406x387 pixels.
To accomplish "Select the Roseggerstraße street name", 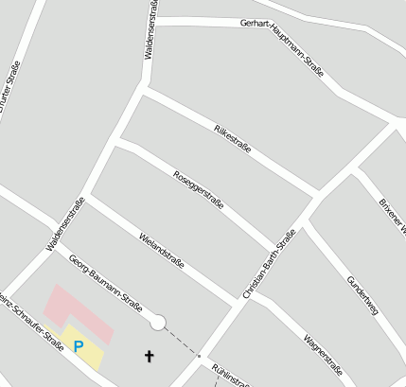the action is [x=200, y=189].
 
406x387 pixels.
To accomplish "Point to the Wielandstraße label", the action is [x=161, y=248].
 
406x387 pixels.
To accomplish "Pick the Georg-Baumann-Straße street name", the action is [x=112, y=286].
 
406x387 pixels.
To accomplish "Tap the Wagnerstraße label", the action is [x=323, y=352].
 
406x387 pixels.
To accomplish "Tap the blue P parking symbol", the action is [x=79, y=347].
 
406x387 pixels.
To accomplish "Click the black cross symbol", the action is [x=148, y=356].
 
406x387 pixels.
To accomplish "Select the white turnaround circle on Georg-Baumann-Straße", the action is [x=157, y=323].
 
